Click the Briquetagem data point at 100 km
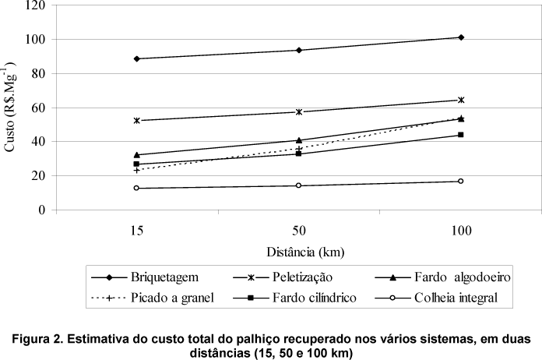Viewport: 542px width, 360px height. [x=461, y=37]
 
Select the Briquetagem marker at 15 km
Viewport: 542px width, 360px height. [x=136, y=58]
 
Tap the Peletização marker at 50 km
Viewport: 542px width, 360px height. [x=299, y=111]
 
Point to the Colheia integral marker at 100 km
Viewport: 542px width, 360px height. [x=461, y=181]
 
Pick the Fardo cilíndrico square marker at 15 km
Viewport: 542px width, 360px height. [x=136, y=164]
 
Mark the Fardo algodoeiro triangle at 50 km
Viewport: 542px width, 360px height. [x=299, y=140]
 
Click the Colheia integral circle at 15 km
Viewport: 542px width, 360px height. [x=136, y=188]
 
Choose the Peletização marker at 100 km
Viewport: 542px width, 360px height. [x=461, y=100]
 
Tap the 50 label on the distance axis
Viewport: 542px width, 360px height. [x=299, y=232]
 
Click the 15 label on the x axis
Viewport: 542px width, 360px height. [x=136, y=232]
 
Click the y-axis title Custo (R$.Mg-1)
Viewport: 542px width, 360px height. [x=11, y=107]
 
